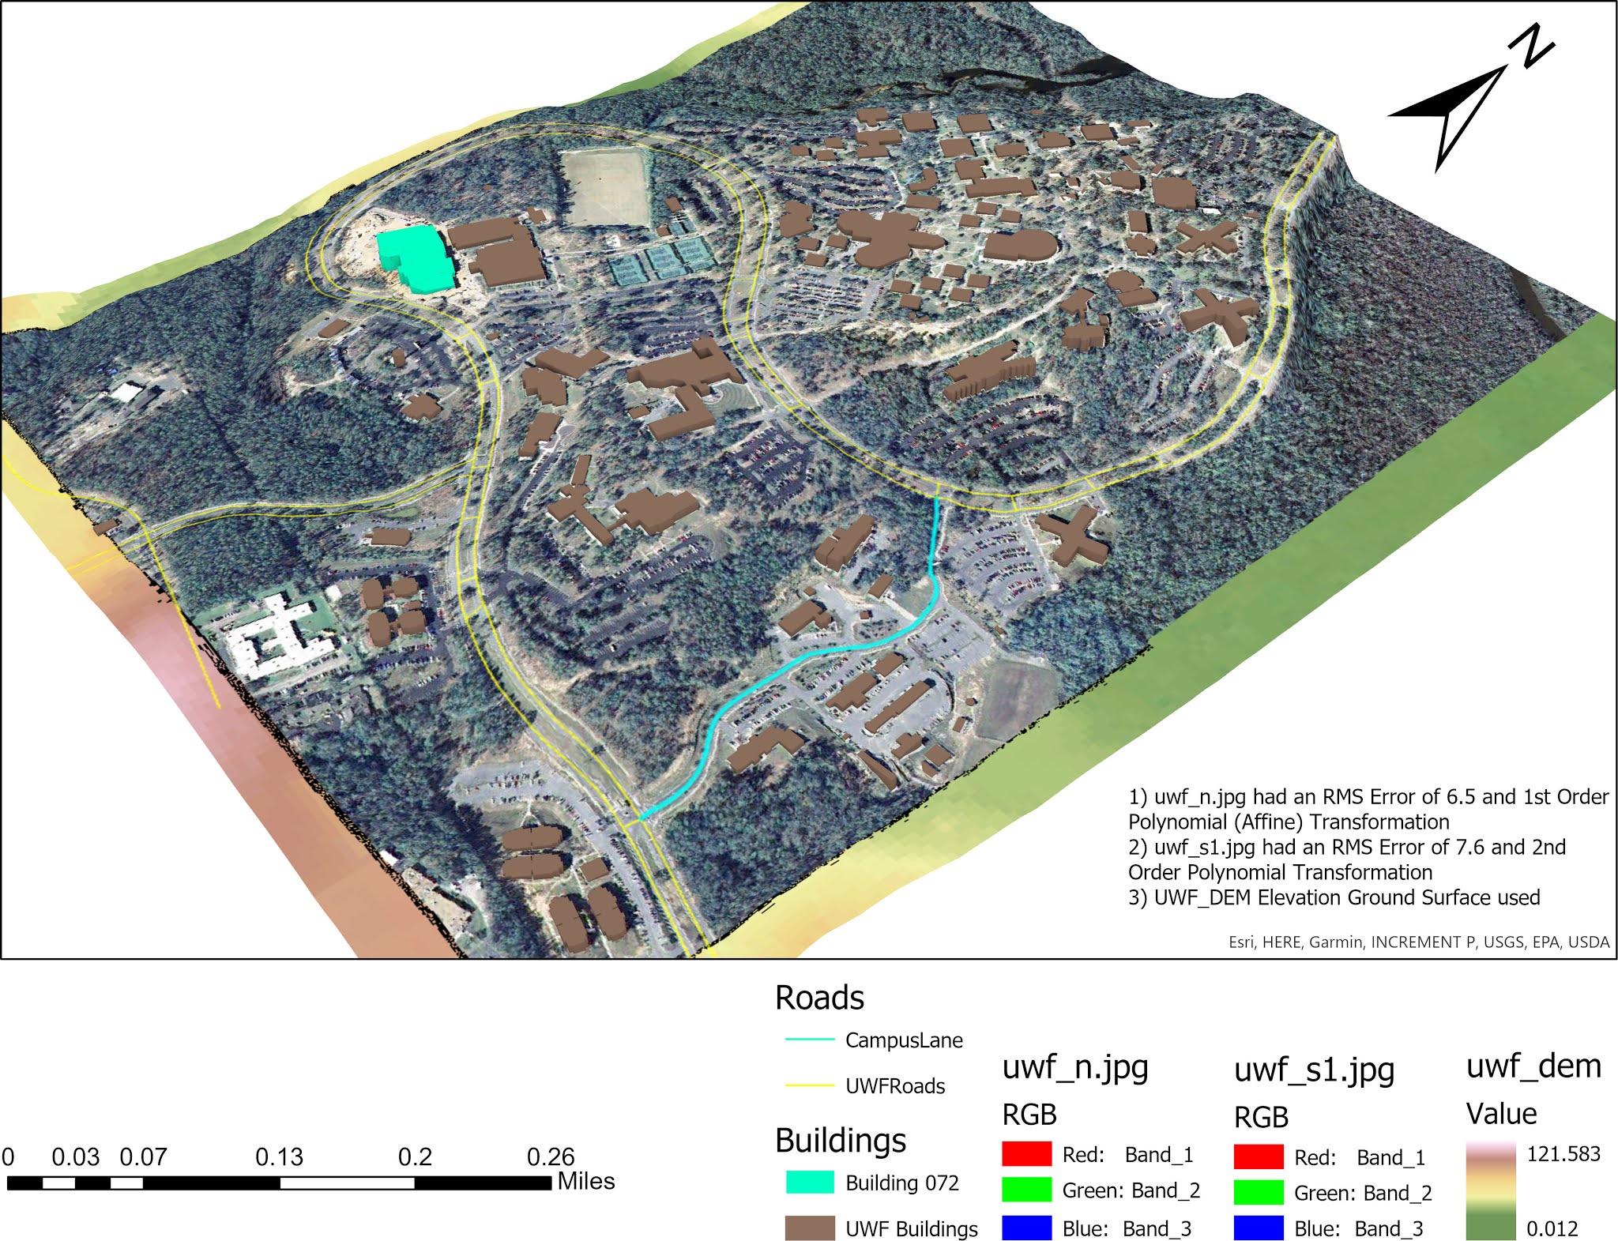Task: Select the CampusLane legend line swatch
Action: click(810, 1040)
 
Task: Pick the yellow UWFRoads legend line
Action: click(810, 1086)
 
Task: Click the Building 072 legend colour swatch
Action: click(810, 1183)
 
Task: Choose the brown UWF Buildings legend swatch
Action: click(810, 1228)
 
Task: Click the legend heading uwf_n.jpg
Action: click(1075, 1067)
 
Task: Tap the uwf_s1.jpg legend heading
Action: click(1314, 1070)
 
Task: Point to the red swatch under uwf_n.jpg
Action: click(1026, 1154)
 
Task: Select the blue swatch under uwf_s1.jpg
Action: click(1259, 1228)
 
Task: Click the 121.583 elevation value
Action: click(1563, 1154)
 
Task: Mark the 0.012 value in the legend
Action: click(1552, 1228)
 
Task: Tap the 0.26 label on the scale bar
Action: click(550, 1157)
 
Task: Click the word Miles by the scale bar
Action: click(586, 1182)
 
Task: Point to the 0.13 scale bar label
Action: click(279, 1157)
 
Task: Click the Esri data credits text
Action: click(1419, 942)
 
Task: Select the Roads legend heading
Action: click(819, 998)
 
